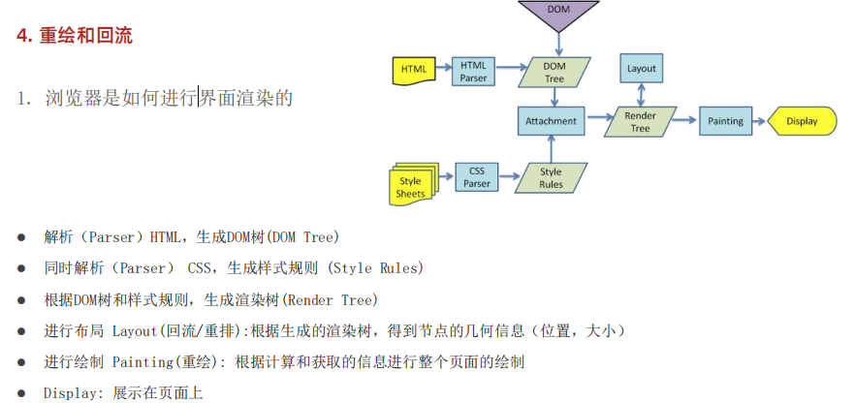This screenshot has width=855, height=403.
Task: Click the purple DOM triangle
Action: tap(558, 13)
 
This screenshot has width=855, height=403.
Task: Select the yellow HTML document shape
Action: tap(414, 70)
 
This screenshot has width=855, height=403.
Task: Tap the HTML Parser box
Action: tap(473, 72)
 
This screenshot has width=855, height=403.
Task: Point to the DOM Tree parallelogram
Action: tap(554, 73)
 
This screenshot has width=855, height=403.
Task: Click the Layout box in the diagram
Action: tap(642, 68)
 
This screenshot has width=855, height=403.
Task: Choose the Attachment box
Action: tap(551, 121)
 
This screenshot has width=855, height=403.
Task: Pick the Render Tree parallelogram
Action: tap(640, 121)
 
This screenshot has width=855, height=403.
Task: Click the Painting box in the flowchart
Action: tap(725, 121)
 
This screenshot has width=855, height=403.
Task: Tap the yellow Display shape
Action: tap(802, 121)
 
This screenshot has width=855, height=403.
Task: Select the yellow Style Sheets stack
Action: tap(413, 183)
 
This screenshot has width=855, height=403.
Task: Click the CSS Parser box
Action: tap(477, 177)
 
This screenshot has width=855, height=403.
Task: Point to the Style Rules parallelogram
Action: tap(551, 177)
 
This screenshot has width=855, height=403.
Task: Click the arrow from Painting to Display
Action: tap(760, 121)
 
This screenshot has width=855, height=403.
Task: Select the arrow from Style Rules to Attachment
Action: tap(552, 149)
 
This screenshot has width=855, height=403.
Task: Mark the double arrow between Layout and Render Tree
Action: tap(642, 95)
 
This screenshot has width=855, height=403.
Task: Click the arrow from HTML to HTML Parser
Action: tap(444, 67)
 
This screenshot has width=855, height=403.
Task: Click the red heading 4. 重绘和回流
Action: tap(75, 36)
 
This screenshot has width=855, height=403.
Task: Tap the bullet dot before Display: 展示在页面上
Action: tap(21, 392)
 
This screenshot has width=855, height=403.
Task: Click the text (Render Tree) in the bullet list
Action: tap(332, 299)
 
